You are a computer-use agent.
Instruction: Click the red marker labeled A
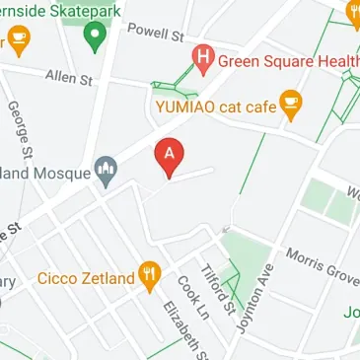[170, 156]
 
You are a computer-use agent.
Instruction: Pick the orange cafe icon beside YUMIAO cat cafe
[289, 102]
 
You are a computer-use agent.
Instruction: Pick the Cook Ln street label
[188, 294]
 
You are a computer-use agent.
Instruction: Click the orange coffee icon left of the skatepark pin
[17, 38]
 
